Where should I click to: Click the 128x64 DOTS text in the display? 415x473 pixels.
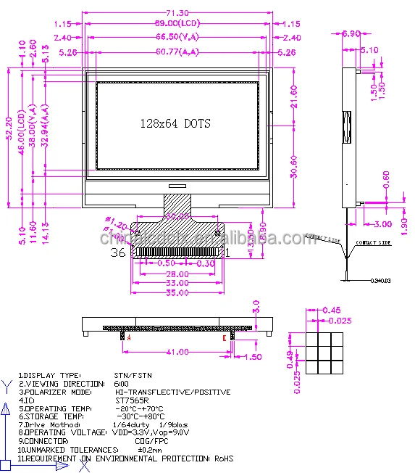tap(175, 123)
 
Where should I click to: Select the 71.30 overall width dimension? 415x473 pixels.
tap(177, 13)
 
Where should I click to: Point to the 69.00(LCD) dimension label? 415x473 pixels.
tap(177, 24)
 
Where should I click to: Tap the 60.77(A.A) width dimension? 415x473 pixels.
tap(177, 52)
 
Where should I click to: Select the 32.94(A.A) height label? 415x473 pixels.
tap(45, 126)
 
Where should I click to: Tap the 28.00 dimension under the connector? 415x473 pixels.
tap(176, 274)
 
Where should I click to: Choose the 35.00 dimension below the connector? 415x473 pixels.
tap(176, 293)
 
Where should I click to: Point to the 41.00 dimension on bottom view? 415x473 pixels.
tap(177, 352)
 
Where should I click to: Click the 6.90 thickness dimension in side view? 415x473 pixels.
tap(351, 33)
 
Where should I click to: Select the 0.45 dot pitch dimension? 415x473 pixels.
tap(332, 311)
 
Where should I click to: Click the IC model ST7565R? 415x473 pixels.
tap(132, 400)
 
